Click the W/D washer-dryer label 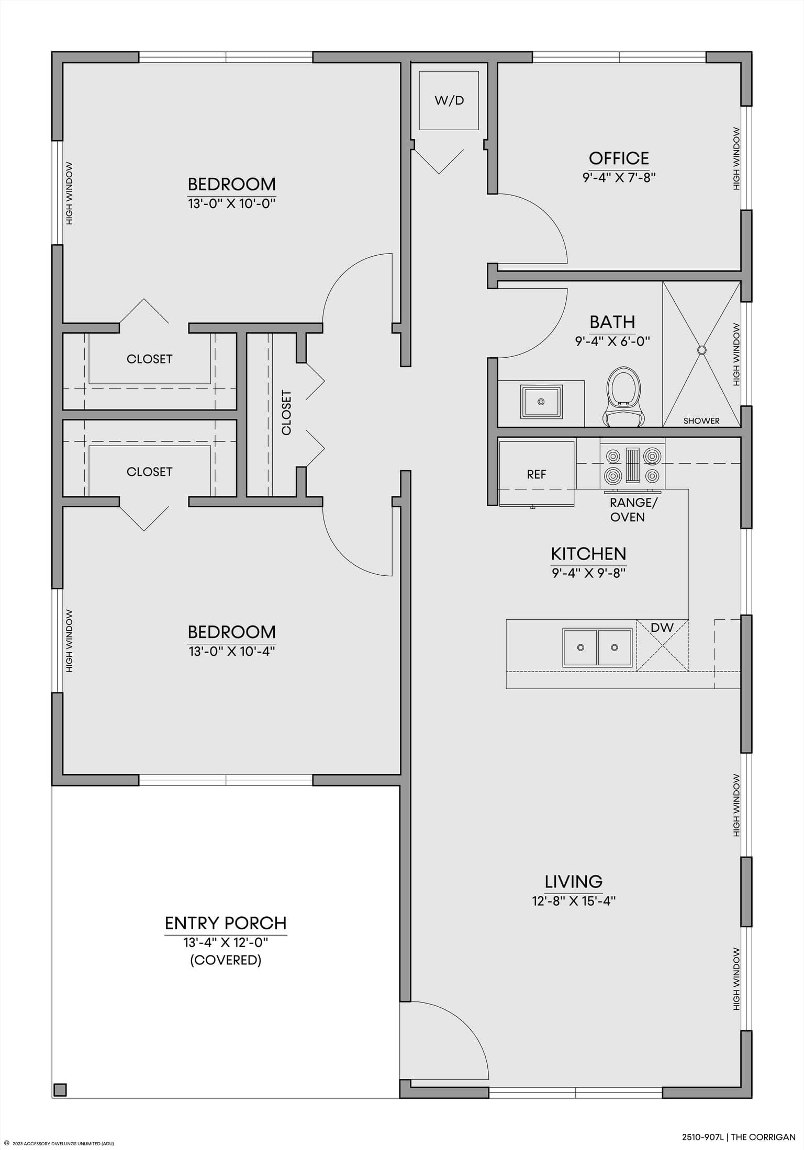(449, 100)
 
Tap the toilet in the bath (623, 396)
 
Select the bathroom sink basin (541, 402)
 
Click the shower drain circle (702, 350)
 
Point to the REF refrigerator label (537, 474)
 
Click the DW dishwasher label (662, 628)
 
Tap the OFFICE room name (619, 158)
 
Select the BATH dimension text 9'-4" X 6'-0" (612, 341)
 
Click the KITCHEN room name (588, 553)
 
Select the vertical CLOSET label (286, 413)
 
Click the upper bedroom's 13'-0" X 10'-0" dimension (232, 203)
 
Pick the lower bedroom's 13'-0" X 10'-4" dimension (232, 652)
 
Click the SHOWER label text (701, 421)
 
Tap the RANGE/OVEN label (634, 510)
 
